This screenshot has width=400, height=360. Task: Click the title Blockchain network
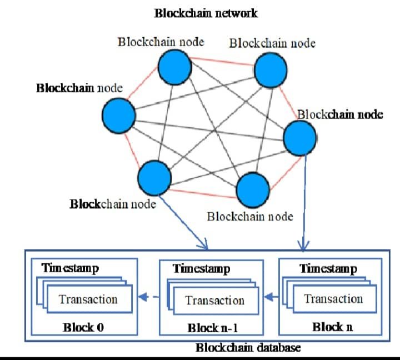(206, 13)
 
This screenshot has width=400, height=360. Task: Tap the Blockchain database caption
(248, 348)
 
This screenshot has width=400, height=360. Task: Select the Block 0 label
(83, 327)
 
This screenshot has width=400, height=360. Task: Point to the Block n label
(332, 327)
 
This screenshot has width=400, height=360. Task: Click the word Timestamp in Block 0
(71, 269)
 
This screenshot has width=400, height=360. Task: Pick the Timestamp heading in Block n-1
(201, 269)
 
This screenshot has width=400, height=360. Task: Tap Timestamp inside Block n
(328, 269)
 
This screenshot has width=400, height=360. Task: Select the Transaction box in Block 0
(88, 299)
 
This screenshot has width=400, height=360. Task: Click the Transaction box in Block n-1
(214, 301)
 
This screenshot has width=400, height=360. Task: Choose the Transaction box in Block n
(333, 299)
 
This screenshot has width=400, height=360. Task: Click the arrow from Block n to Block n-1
(271, 298)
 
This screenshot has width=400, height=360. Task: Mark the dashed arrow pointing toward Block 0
(146, 298)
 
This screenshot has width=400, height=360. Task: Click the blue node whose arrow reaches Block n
(300, 138)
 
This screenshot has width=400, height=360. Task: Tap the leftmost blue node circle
(119, 116)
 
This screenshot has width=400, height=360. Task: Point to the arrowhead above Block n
(304, 244)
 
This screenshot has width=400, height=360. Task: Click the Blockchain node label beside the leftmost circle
(79, 88)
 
